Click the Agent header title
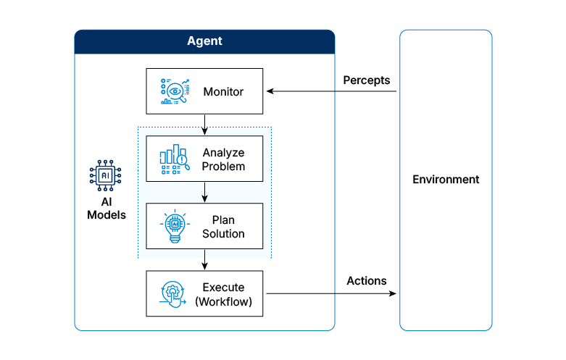(204, 41)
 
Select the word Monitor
(223, 92)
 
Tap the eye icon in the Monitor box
(174, 91)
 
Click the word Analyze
(223, 153)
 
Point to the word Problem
(223, 167)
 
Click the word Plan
(223, 220)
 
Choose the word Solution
(223, 234)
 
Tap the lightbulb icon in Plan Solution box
(174, 227)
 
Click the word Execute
(223, 288)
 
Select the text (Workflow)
(223, 301)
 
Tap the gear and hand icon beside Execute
(174, 294)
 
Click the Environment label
(446, 180)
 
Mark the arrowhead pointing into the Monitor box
(270, 91)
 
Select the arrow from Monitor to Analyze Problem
(205, 125)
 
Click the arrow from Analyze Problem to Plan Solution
(205, 192)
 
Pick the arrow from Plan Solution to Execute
(205, 260)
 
